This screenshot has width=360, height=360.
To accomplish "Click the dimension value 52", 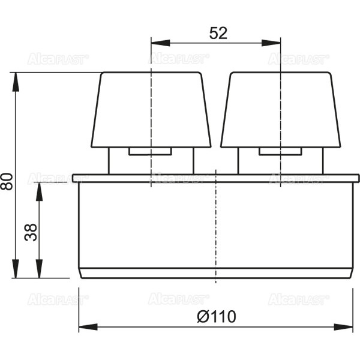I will coord(218,34).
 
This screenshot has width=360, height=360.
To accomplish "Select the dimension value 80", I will coord(7,181).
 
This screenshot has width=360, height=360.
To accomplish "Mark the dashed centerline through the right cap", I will coord(281,168).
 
